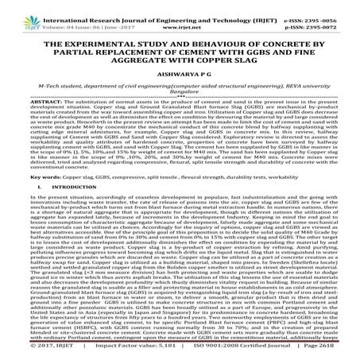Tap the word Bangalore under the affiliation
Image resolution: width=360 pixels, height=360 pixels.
(180, 102)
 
